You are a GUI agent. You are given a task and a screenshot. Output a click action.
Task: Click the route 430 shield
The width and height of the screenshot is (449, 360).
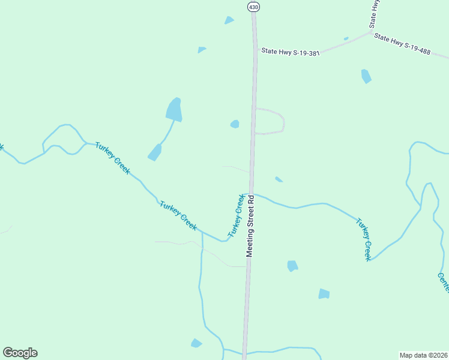tap(253, 7)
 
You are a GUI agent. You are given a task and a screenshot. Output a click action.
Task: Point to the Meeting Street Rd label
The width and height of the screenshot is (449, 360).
tap(251, 225)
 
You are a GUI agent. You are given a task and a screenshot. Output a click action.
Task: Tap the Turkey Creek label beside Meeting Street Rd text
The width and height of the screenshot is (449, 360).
tap(236, 215)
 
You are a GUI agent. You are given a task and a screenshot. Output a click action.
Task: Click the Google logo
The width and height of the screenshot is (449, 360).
tap(20, 353)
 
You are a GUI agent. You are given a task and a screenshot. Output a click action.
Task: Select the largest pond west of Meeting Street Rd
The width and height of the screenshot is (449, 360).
tap(174, 110)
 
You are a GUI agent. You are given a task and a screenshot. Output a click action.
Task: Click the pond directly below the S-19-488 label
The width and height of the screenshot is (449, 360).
tap(366, 76)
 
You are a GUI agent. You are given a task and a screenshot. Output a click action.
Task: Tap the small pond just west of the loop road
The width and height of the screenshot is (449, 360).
tap(235, 124)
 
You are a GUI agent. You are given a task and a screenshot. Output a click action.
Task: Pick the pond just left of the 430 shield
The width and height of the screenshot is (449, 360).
tap(229, 20)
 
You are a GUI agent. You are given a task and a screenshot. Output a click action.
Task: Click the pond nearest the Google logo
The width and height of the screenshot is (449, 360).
tap(196, 343)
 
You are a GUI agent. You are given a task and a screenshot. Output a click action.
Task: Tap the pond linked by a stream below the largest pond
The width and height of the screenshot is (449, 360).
tap(155, 152)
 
